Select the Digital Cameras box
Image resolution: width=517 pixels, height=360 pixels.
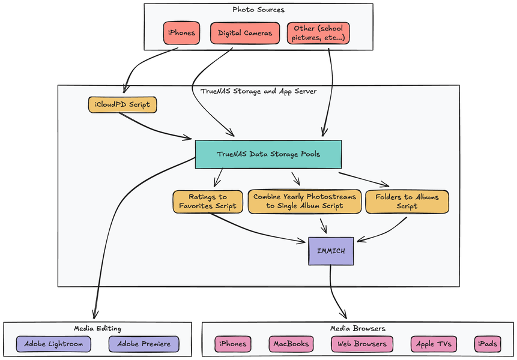[x=245, y=33]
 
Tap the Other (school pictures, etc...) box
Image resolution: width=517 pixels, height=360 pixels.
[x=318, y=33]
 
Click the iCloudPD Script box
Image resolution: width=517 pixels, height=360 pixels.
[x=122, y=105]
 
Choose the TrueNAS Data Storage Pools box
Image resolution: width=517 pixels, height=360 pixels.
[x=268, y=154]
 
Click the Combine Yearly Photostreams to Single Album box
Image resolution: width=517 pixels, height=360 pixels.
[x=304, y=202]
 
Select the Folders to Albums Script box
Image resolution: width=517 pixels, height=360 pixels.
[x=407, y=202]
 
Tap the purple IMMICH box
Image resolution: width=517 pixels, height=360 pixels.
[x=331, y=251]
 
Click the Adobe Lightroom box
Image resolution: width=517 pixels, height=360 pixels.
[x=53, y=344]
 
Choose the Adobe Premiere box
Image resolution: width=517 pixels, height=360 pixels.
[x=144, y=344]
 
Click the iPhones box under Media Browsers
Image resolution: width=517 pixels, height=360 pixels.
[x=233, y=344]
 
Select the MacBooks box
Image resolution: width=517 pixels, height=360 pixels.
[x=291, y=344]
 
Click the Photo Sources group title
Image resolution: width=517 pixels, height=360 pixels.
[x=258, y=10]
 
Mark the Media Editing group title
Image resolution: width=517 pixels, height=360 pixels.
[x=97, y=328]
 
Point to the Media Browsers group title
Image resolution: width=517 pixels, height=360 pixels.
[x=358, y=328]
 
